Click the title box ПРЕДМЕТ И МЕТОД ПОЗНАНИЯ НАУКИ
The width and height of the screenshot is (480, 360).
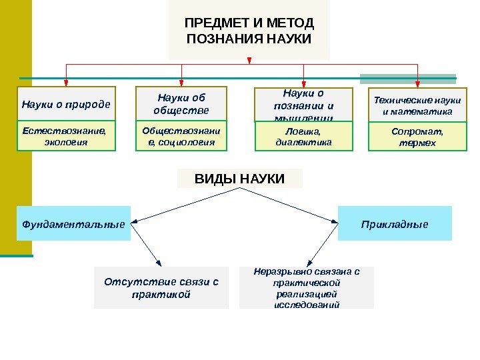(x=249, y=31)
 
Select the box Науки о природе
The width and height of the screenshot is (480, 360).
(x=66, y=104)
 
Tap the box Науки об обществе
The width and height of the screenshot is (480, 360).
(x=181, y=104)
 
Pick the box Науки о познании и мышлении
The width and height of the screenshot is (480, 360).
(x=303, y=105)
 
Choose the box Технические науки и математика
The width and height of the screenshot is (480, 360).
(x=417, y=105)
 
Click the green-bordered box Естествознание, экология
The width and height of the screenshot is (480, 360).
(x=66, y=136)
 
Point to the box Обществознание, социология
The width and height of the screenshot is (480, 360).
(x=181, y=136)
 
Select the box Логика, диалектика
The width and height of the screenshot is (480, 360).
(x=303, y=137)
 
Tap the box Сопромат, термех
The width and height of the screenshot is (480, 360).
(x=417, y=137)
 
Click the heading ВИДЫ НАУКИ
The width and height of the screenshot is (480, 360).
(x=239, y=179)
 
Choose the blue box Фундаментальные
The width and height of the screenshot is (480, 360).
(x=73, y=223)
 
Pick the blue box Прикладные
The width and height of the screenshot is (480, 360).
(x=395, y=223)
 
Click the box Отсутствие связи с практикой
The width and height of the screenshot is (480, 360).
(x=161, y=287)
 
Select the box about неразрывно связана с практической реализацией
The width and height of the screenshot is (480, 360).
(x=307, y=288)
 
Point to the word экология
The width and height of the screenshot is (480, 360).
(x=65, y=142)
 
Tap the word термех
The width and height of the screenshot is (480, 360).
(x=417, y=143)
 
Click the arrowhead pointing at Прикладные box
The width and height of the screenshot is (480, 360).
(x=335, y=221)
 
